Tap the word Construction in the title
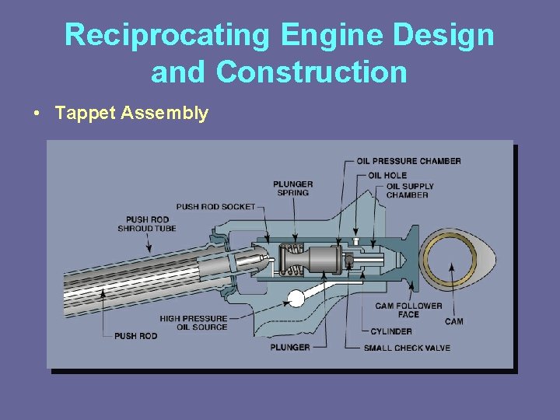(312, 72)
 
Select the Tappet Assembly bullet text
(131, 114)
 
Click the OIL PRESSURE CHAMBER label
(408, 161)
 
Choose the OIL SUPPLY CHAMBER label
(410, 191)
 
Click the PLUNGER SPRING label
(292, 188)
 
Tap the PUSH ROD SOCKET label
(215, 207)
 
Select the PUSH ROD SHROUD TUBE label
(147, 224)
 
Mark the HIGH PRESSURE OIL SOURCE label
(194, 323)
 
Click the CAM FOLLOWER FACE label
(408, 310)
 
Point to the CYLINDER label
(391, 331)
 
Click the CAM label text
(453, 321)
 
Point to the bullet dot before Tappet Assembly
(37, 114)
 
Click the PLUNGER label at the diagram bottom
(290, 348)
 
